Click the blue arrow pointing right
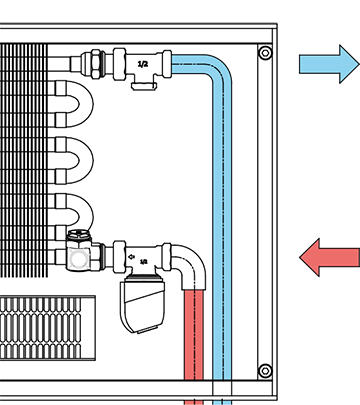[x=328, y=64]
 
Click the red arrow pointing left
[x=330, y=257]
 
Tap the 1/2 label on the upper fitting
[x=143, y=64]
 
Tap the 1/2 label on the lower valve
[x=143, y=262]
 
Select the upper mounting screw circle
[x=265, y=53]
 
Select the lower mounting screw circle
[x=265, y=371]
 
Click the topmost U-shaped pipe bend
[x=87, y=104]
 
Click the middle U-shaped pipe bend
[x=87, y=160]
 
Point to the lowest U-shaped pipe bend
[x=87, y=213]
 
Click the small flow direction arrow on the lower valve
[x=131, y=257]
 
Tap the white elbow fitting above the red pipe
[x=188, y=263]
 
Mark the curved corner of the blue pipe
[x=218, y=69]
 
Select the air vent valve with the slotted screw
[x=79, y=251]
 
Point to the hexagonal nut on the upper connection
[x=96, y=64]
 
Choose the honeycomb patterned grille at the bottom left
[x=48, y=328]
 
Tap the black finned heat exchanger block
[x=23, y=160]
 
